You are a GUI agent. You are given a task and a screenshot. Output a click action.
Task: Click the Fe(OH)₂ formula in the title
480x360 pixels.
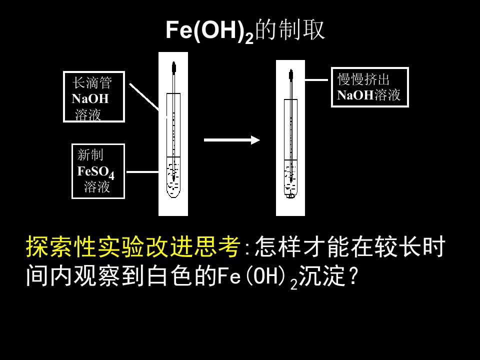pyautogui.click(x=209, y=31)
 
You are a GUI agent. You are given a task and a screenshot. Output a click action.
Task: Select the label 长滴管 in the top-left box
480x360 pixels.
pyautogui.click(x=92, y=82)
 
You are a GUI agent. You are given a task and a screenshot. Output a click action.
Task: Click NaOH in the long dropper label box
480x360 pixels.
pyautogui.click(x=90, y=98)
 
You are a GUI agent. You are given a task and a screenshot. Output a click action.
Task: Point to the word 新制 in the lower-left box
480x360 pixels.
pyautogui.click(x=90, y=155)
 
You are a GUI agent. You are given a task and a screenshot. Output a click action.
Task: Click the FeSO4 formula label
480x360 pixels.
pyautogui.click(x=95, y=171)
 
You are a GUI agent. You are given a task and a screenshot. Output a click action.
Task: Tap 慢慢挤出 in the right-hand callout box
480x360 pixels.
pyautogui.click(x=363, y=79)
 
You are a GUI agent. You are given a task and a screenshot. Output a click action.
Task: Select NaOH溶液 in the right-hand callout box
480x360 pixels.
pyautogui.click(x=369, y=95)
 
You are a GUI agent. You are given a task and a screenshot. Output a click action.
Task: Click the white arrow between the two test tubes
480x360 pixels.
pyautogui.click(x=232, y=140)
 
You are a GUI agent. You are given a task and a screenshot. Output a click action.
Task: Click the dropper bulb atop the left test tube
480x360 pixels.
pyautogui.click(x=173, y=66)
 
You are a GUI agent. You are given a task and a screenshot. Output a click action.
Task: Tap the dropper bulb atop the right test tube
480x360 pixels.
pyautogui.click(x=290, y=75)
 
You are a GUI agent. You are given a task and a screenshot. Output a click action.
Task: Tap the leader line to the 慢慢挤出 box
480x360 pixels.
pyautogui.click(x=317, y=79)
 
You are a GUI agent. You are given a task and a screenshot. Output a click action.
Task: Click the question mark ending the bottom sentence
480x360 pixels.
pyautogui.click(x=354, y=276)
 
